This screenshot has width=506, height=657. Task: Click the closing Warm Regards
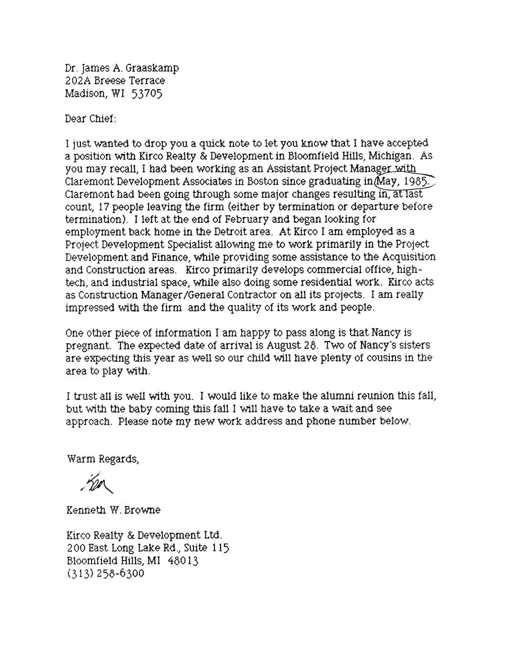coord(102,459)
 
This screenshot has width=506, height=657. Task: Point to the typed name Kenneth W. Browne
coord(113,510)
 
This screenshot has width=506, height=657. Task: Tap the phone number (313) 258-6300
coord(105,573)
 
